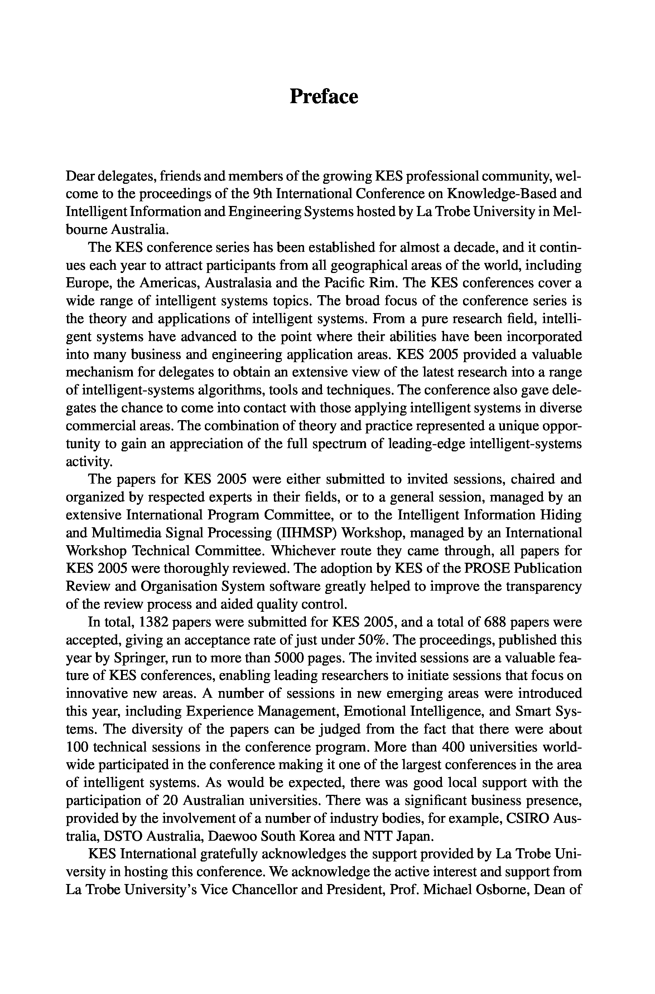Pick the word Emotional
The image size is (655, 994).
click(375, 711)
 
